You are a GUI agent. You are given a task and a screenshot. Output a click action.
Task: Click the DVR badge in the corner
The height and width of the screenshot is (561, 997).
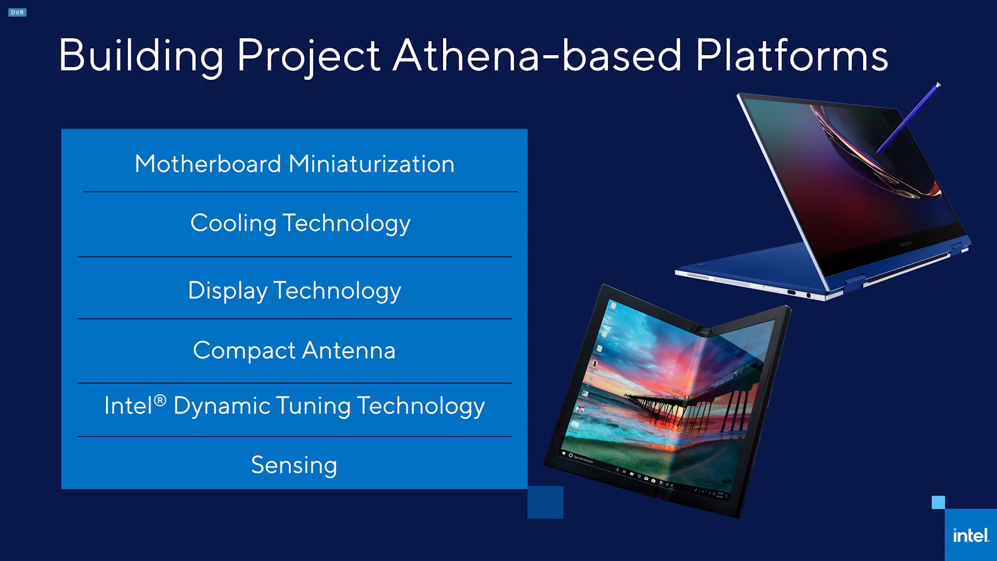[17, 12]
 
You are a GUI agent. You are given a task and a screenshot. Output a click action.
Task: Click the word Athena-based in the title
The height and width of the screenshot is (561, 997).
[537, 55]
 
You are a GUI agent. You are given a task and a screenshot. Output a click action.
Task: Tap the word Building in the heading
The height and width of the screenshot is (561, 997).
[141, 56]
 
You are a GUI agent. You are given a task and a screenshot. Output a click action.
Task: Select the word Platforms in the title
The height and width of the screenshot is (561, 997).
[791, 55]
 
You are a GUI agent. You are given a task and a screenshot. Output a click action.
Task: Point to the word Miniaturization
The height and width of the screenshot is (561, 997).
[371, 164]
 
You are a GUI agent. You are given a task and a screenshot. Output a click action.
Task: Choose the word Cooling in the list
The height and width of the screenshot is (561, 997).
[233, 224]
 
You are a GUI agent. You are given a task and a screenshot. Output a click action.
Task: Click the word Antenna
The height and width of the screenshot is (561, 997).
[348, 350]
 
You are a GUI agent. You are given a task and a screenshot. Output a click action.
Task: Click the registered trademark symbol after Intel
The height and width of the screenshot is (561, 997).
[160, 400]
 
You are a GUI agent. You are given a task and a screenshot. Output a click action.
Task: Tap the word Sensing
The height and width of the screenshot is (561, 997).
[294, 465]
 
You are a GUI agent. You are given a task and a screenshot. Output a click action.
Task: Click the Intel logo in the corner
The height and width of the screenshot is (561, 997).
[971, 535]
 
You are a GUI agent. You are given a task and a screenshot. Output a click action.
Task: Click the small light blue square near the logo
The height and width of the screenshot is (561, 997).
[938, 502]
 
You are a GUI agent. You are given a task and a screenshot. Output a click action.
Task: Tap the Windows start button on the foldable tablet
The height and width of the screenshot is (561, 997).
[563, 453]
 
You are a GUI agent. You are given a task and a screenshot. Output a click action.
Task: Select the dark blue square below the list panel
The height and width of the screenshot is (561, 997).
[545, 502]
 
